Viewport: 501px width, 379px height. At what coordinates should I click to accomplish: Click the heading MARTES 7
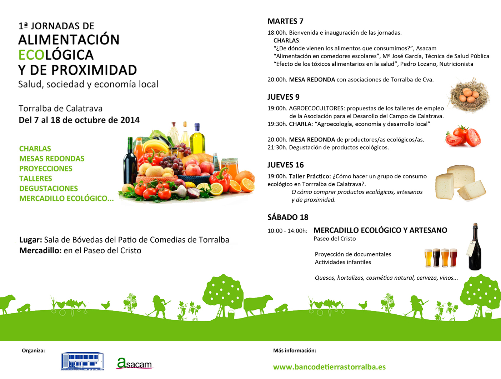(x=285, y=21)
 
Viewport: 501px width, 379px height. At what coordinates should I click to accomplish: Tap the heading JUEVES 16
(x=285, y=165)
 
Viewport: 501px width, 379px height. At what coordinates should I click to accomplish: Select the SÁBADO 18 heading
(x=287, y=217)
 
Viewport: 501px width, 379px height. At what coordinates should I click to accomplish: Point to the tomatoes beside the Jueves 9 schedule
(x=463, y=136)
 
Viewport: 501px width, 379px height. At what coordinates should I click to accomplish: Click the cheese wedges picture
(x=460, y=183)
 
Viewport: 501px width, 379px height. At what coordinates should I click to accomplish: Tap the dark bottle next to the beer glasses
(x=475, y=247)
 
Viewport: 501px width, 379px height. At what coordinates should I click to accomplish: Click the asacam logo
(x=134, y=364)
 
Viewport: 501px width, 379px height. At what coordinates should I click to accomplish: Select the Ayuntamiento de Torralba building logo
(x=82, y=361)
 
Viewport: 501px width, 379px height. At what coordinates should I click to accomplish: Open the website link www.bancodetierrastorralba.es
(x=329, y=367)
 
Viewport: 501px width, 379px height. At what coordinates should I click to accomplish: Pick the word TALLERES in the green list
(x=36, y=179)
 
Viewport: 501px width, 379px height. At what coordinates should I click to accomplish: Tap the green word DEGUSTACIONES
(x=49, y=189)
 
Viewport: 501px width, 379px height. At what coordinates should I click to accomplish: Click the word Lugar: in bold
(x=31, y=240)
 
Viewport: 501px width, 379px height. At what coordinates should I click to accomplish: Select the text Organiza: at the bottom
(x=33, y=350)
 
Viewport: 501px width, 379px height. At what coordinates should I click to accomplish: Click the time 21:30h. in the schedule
(x=277, y=148)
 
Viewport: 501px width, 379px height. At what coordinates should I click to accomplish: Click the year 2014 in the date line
(x=130, y=120)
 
